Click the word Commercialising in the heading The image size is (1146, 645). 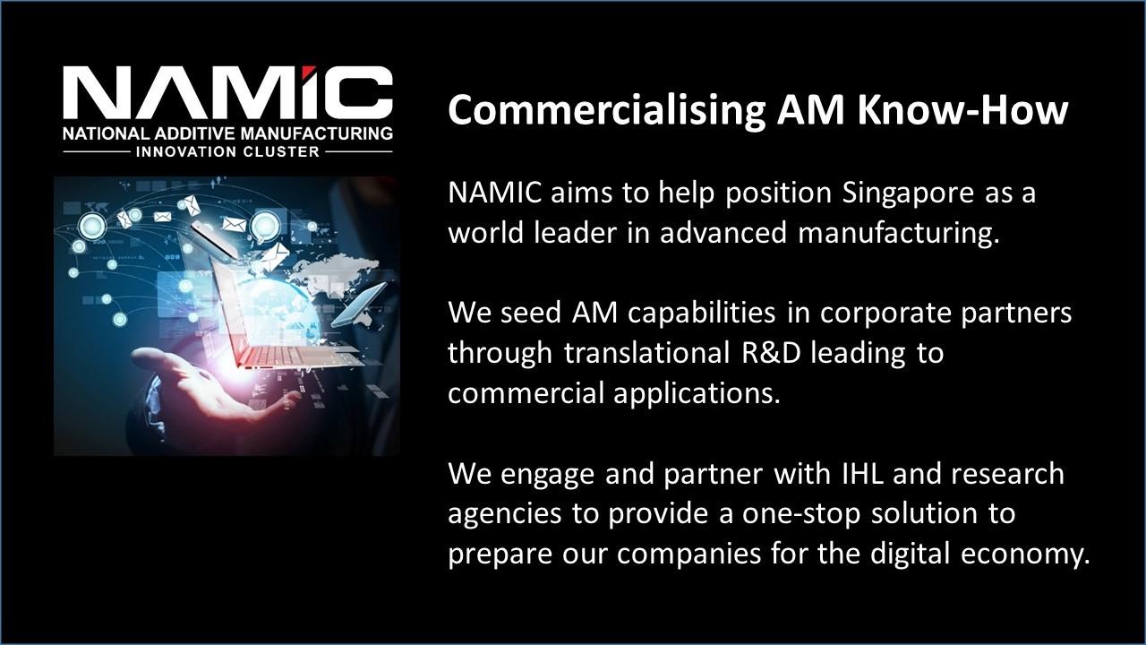tap(606, 110)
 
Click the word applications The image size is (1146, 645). tap(697, 393)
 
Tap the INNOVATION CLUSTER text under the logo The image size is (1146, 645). tap(227, 152)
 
